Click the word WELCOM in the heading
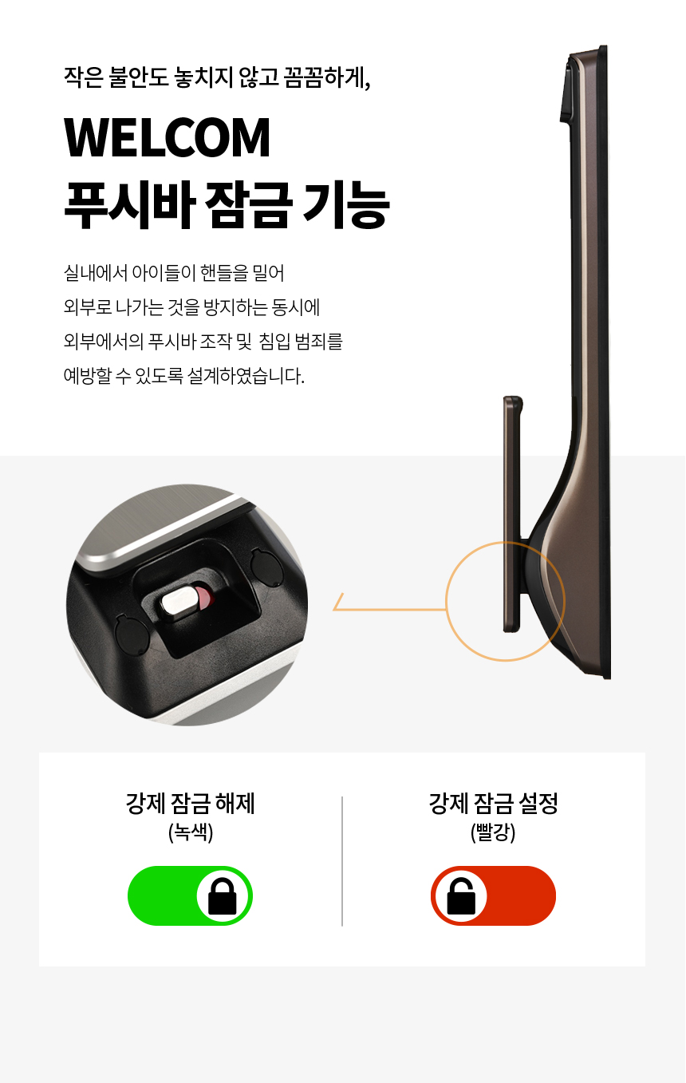click(167, 138)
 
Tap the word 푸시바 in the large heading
click(129, 205)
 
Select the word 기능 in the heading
click(346, 205)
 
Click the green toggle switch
click(191, 896)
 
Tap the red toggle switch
click(493, 896)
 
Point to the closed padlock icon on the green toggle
click(223, 897)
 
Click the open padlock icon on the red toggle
click(461, 896)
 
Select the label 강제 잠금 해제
click(191, 804)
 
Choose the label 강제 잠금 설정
click(493, 804)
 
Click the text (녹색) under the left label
click(191, 832)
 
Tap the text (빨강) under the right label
click(493, 832)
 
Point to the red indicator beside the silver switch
click(204, 599)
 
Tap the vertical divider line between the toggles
click(342, 862)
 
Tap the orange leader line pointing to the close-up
click(389, 609)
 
